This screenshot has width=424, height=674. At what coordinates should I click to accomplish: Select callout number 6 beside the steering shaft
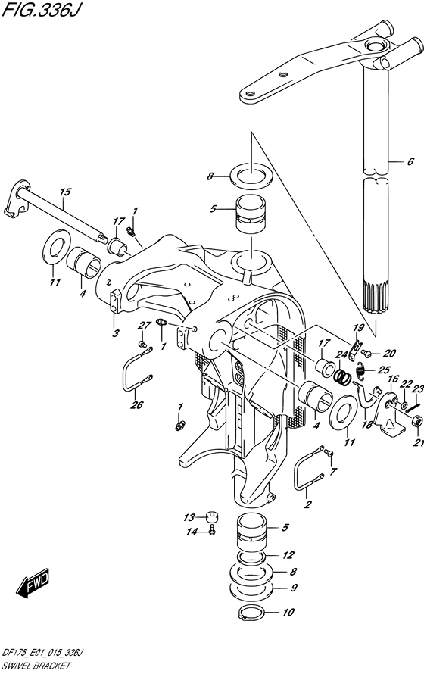410,161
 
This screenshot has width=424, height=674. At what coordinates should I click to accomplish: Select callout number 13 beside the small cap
188,517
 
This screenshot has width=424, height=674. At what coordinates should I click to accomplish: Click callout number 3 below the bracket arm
115,333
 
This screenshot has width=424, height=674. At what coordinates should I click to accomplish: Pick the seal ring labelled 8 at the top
247,176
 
